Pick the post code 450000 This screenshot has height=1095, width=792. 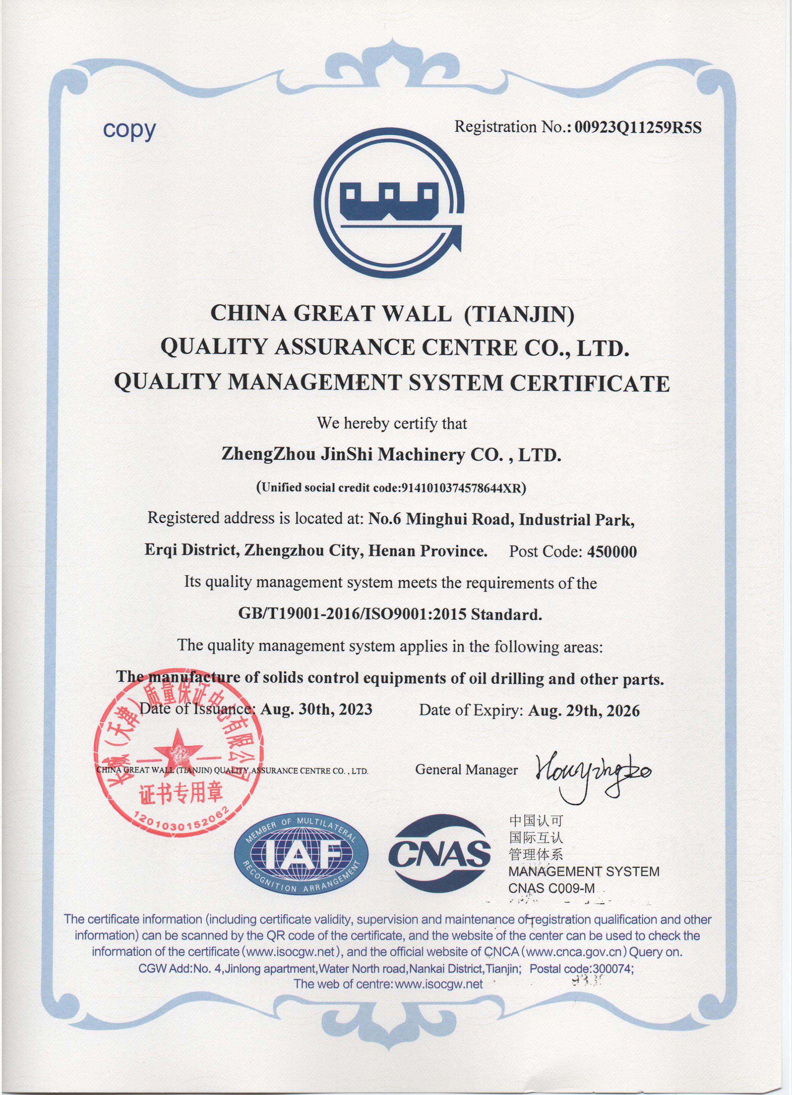click(611, 551)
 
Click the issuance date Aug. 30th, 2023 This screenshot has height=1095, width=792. click(316, 710)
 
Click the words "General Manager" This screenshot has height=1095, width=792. click(466, 770)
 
